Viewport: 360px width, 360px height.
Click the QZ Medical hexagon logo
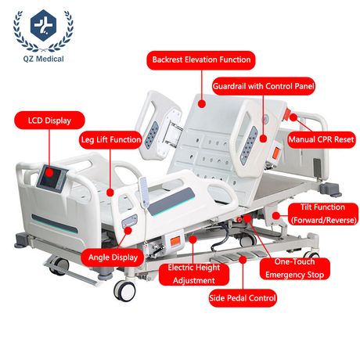(x=43, y=25)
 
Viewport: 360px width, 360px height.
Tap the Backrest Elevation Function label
(x=201, y=60)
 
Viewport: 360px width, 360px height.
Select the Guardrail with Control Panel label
(x=264, y=86)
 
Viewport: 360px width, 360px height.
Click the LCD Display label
(x=49, y=121)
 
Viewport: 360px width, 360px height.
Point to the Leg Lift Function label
(x=110, y=140)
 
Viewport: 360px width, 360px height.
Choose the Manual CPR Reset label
(x=321, y=139)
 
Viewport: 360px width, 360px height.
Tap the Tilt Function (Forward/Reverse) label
(x=323, y=214)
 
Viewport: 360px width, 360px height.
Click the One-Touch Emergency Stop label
(x=295, y=268)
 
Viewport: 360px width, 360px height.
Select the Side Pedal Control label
(x=243, y=298)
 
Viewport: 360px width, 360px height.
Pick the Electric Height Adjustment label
(x=194, y=274)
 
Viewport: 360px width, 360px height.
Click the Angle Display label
(x=113, y=257)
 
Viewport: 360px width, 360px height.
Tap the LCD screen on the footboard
(x=50, y=178)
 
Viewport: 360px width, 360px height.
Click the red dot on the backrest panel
(x=202, y=104)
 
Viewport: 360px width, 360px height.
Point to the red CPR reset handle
(x=287, y=114)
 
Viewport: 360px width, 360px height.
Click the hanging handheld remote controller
(x=144, y=193)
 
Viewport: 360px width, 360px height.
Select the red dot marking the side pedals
(x=243, y=260)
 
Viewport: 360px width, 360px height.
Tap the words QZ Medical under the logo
(x=43, y=59)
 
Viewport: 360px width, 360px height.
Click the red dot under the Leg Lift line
(x=110, y=193)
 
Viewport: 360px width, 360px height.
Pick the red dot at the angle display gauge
(x=128, y=231)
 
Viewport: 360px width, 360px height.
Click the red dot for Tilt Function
(x=276, y=216)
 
